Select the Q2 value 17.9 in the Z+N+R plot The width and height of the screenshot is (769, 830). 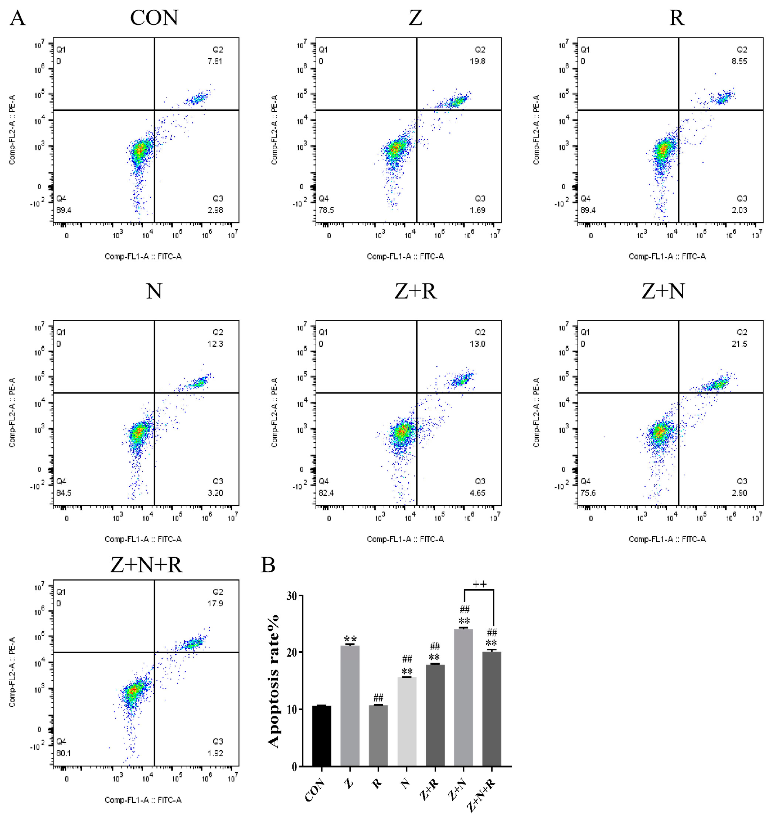click(215, 603)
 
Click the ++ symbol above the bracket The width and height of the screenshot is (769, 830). click(479, 584)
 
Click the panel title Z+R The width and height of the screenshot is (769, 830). click(415, 291)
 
